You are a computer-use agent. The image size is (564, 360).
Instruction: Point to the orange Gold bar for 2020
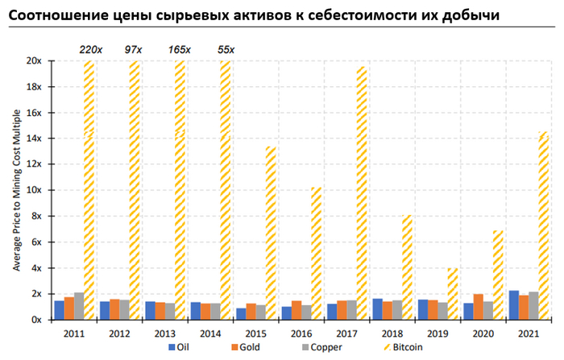[x=479, y=307]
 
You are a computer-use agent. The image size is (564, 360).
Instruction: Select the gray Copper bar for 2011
[x=78, y=306]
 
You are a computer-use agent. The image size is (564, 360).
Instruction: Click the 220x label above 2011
[x=89, y=50]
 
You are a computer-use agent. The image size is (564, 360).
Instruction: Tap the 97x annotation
[x=135, y=50]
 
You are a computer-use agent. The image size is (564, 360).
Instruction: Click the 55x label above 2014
[x=226, y=50]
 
